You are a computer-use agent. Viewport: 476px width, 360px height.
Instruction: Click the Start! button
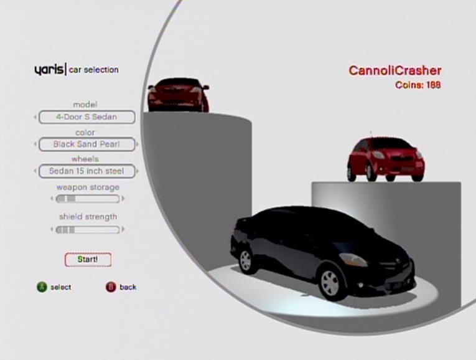(88, 260)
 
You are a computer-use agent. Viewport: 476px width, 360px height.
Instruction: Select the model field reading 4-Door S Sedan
(87, 117)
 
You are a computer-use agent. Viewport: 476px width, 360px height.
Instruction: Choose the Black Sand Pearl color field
(87, 144)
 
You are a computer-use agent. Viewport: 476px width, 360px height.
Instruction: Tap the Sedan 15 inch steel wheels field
(87, 171)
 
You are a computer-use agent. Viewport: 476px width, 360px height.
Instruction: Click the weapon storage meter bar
(88, 199)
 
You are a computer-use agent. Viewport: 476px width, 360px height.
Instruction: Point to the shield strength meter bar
(88, 230)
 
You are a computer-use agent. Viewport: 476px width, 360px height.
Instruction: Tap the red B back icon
(111, 287)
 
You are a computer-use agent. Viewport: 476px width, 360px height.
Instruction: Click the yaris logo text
(49, 70)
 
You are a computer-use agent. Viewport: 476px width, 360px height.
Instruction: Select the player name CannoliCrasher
(395, 70)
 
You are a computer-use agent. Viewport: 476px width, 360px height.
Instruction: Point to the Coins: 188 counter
(418, 85)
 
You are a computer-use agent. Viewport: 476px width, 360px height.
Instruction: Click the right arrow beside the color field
(138, 144)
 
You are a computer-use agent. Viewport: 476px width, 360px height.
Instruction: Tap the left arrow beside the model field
(35, 117)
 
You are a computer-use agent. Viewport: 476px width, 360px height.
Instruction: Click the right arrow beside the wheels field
(138, 171)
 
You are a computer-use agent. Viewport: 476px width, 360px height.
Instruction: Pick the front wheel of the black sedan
(330, 283)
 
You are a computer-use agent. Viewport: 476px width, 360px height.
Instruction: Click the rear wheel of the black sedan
(246, 261)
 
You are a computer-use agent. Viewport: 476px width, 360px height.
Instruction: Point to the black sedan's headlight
(353, 260)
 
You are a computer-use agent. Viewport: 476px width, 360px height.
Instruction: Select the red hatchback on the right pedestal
(386, 159)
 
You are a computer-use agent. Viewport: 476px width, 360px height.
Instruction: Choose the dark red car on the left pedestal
(178, 95)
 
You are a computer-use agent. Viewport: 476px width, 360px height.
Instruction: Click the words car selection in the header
(94, 70)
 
